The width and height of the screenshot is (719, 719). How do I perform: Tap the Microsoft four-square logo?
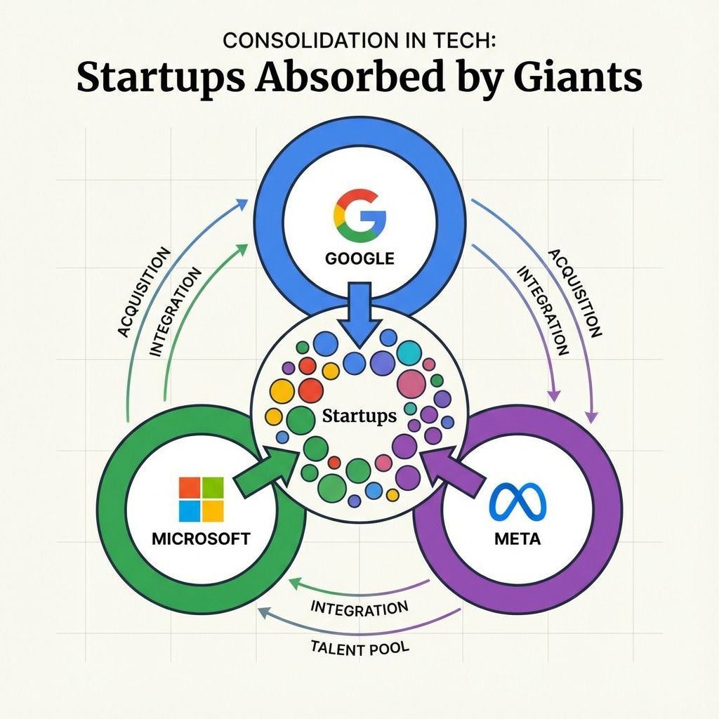click(x=202, y=499)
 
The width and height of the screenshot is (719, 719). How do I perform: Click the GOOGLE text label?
click(x=359, y=258)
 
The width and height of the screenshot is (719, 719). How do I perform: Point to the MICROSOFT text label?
click(x=201, y=540)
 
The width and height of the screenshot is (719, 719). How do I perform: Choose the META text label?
click(x=517, y=541)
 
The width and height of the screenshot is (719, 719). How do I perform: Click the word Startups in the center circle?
click(x=359, y=416)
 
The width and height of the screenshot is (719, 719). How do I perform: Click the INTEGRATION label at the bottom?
click(x=359, y=608)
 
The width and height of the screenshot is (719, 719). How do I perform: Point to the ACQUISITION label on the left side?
click(x=144, y=291)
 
